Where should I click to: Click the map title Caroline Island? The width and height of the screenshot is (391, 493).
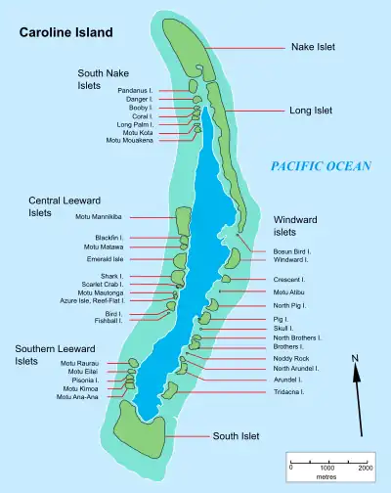coord(65,32)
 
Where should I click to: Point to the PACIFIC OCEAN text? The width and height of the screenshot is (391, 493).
coord(320,166)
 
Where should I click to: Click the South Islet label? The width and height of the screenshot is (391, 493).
coord(237,435)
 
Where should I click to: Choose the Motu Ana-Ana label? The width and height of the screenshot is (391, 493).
coord(78,396)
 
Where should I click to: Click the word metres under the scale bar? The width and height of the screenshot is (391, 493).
coord(327,478)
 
